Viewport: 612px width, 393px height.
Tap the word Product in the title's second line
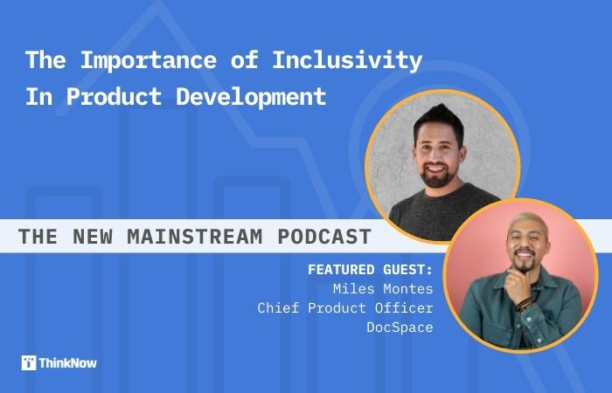tap(109, 96)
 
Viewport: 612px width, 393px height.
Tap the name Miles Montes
tap(384, 288)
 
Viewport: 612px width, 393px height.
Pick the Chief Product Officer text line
tap(345, 308)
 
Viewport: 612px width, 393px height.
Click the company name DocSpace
tap(400, 327)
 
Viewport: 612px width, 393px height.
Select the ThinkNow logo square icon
tap(29, 362)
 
